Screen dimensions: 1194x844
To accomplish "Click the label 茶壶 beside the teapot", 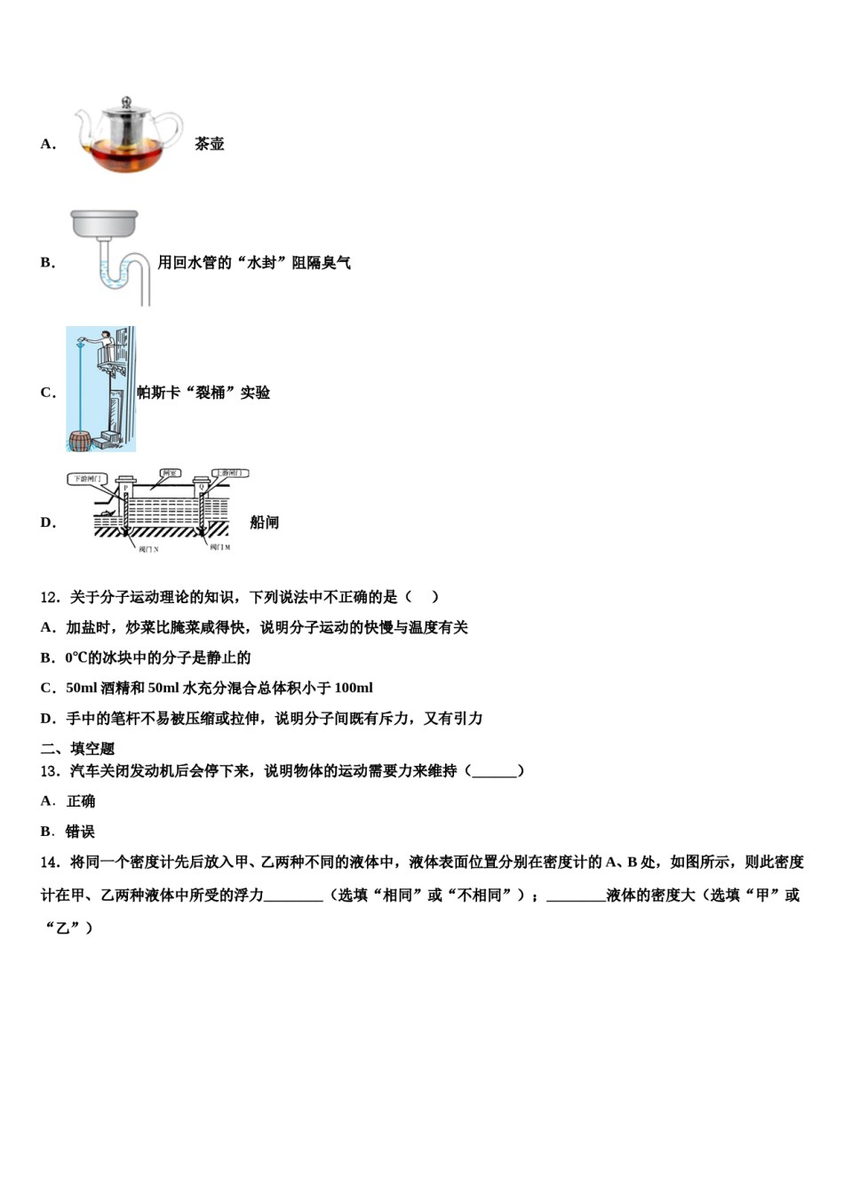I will coord(210,144).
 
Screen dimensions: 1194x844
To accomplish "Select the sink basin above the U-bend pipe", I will coord(104,224).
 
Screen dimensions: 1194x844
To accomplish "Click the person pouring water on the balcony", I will coord(104,342).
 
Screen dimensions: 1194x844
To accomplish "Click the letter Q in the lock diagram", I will coord(202,488).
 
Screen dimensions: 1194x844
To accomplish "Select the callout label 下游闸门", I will coord(87,480).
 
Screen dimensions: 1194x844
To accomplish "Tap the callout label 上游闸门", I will coord(229,474).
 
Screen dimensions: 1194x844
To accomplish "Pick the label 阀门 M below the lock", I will coord(219,547).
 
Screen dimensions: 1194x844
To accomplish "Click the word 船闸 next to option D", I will coord(264,522).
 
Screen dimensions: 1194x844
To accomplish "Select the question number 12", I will coord(50,597).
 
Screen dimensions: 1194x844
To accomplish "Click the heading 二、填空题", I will coord(77,749).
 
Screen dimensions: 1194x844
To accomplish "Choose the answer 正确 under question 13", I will coord(81,801).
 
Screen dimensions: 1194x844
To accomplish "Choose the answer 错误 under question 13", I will coord(80,832).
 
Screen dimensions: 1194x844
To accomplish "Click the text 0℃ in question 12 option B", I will coord(76,657).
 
